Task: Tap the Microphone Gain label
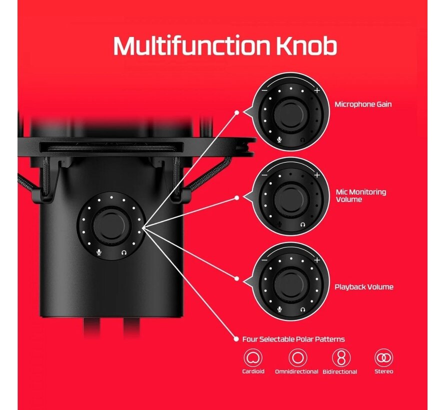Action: [363, 104]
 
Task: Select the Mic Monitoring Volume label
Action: [360, 195]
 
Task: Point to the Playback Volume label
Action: [364, 287]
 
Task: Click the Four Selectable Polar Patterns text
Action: [293, 339]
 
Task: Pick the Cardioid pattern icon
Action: [253, 358]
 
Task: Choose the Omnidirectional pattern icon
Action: [297, 358]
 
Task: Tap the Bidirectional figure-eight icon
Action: [341, 358]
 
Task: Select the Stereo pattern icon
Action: [383, 358]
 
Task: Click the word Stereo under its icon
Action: [383, 371]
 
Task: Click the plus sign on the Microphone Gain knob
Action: [317, 90]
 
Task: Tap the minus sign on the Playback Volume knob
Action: [264, 260]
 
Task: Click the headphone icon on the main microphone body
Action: [123, 252]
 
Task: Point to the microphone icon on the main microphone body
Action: [99, 252]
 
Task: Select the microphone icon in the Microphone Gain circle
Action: [279, 139]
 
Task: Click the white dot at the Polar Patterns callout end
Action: [236, 339]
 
